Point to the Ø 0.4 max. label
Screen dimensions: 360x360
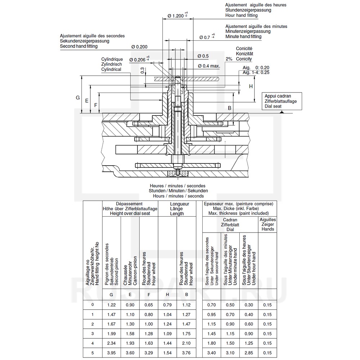(209, 66)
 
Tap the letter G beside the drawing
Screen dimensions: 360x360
(78, 98)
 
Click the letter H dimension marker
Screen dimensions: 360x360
(251, 86)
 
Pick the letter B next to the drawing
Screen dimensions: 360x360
(229, 108)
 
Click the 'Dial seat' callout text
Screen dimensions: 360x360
(273, 106)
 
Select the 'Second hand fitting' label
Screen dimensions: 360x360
(79, 46)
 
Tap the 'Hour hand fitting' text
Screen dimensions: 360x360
(241, 15)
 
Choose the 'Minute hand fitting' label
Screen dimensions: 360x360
(243, 36)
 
